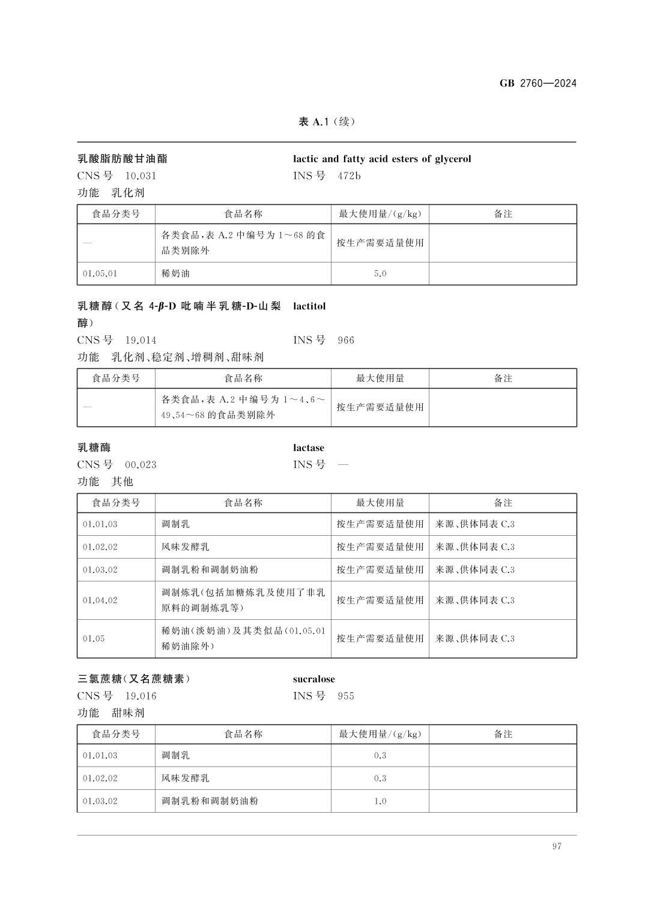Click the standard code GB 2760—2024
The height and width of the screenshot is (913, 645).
point(537,83)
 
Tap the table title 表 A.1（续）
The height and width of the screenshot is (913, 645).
point(327,122)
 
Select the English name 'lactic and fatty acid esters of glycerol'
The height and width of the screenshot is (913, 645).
point(382,159)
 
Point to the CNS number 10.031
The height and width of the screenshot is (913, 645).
point(141,176)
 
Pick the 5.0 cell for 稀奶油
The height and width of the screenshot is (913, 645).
point(380,273)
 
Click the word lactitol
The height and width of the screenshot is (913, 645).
point(309,306)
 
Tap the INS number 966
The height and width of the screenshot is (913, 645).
point(346,341)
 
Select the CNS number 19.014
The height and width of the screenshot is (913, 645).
point(141,341)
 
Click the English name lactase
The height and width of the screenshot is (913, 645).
point(309,448)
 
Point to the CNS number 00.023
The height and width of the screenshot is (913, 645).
point(141,465)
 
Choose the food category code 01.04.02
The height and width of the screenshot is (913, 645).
point(100,600)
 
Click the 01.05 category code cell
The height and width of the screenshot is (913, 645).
point(94,638)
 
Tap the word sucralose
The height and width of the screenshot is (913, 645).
point(314,679)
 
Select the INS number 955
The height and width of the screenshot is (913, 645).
point(346,696)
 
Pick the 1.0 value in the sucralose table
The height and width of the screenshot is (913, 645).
point(380,801)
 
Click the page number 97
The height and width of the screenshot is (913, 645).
point(557,846)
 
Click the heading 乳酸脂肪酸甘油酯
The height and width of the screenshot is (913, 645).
point(123,159)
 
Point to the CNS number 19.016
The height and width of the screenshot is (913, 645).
point(141,696)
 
